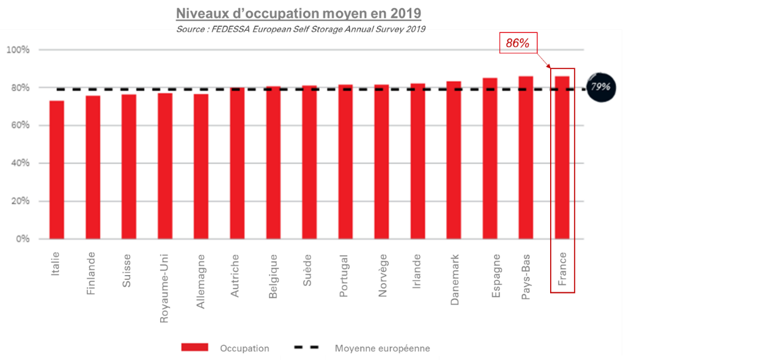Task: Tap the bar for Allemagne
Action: click(x=201, y=166)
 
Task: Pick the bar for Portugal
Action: click(x=345, y=162)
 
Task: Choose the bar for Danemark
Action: click(x=454, y=160)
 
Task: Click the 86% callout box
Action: click(x=517, y=43)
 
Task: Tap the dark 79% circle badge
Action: click(x=600, y=87)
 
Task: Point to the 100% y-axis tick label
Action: click(x=18, y=50)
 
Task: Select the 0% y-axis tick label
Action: click(x=23, y=239)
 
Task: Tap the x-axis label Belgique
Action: click(x=273, y=276)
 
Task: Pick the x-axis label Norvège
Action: click(x=383, y=275)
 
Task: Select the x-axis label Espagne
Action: click(x=496, y=276)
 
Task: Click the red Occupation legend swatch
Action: click(x=195, y=348)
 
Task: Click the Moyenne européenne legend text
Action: click(x=382, y=348)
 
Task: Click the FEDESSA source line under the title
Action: click(x=300, y=29)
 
